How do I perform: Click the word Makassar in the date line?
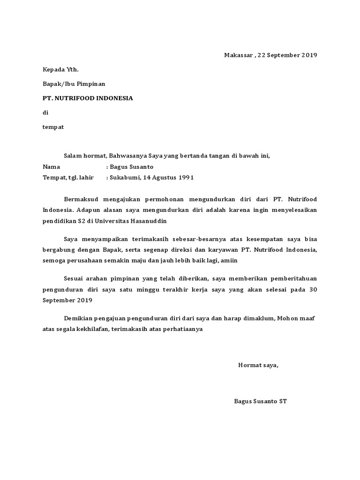pos(238,55)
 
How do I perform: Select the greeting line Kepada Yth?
pos(61,70)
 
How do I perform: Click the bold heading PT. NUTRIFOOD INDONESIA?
pos(88,98)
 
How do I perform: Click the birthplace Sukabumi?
pos(123,178)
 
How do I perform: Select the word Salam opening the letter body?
pos(73,156)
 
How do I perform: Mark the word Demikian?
pos(79,319)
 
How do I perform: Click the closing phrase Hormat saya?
pos(258,365)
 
